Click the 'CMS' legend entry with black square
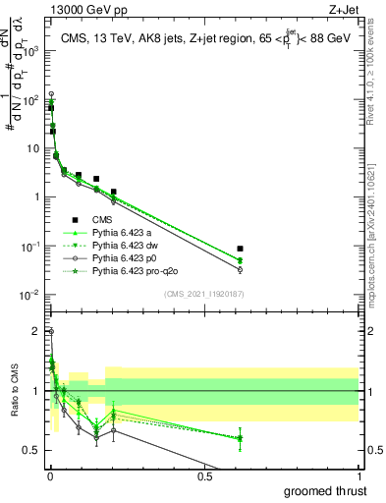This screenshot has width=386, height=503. click(103, 219)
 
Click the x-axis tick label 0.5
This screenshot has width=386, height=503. click(204, 476)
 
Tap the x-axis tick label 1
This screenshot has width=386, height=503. click(358, 476)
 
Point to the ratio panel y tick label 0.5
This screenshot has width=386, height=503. click(31, 450)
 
